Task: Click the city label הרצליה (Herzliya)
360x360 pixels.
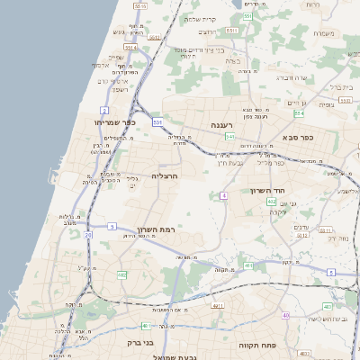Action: [166, 175]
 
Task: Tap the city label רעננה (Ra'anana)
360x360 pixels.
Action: [223, 124]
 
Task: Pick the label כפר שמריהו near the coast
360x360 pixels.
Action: [113, 121]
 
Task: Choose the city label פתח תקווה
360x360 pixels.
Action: [255, 345]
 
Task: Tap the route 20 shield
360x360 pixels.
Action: [88, 235]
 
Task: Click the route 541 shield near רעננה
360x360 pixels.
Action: [230, 137]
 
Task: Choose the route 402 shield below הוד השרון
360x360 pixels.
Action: [272, 203]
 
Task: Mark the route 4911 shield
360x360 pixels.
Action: [218, 306]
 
